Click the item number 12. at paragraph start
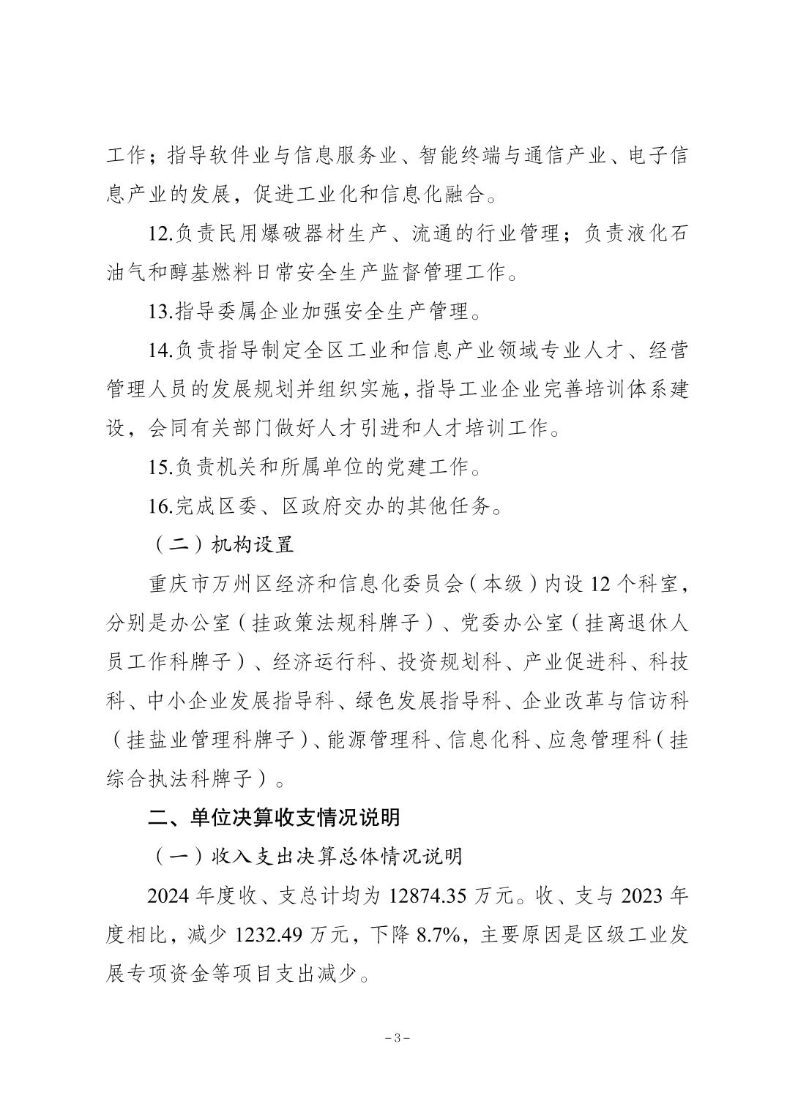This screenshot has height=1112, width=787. pyautogui.click(x=160, y=235)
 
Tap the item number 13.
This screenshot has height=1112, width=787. pyautogui.click(x=160, y=312)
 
